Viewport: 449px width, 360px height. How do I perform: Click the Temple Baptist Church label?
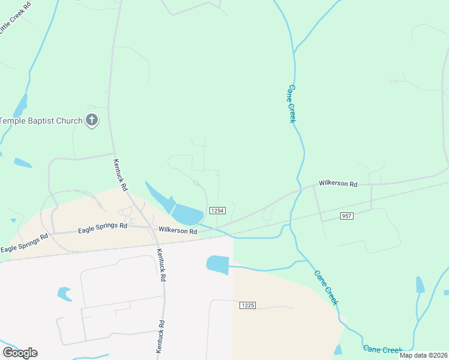(41, 121)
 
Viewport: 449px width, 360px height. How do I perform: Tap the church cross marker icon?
(92, 121)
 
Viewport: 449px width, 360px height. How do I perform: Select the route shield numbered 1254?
(217, 210)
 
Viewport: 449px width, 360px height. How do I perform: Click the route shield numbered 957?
(346, 215)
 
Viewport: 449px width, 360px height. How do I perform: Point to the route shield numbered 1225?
(247, 305)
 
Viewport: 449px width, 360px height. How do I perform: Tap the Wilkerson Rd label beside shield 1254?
(178, 230)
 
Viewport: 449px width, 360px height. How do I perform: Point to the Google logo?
(20, 352)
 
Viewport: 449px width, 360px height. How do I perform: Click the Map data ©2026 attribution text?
(423, 355)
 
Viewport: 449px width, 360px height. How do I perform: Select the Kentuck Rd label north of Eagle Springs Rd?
(121, 175)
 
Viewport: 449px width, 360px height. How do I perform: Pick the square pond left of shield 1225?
(218, 264)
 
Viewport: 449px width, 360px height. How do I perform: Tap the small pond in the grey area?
(64, 293)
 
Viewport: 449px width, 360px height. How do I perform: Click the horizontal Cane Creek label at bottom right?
(382, 349)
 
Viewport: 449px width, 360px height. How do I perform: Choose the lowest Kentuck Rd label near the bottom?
(160, 336)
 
